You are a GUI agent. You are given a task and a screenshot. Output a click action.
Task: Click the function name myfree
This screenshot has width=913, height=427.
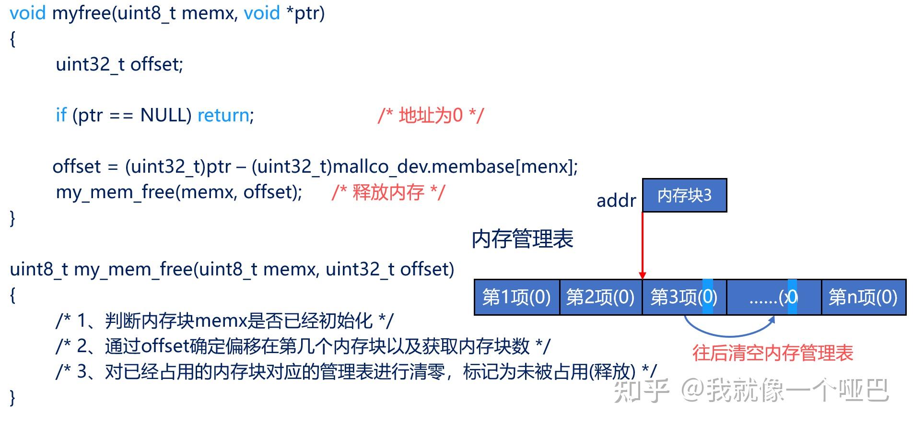pyautogui.click(x=82, y=13)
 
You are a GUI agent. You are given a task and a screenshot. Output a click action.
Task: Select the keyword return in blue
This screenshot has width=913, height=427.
pyautogui.click(x=223, y=115)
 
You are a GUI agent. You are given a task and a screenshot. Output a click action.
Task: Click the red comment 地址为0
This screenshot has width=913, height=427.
pyautogui.click(x=431, y=116)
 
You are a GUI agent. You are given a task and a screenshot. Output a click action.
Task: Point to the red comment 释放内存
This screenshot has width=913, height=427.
pyautogui.click(x=388, y=192)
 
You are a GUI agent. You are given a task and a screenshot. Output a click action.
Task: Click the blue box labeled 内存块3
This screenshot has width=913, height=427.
pyautogui.click(x=684, y=195)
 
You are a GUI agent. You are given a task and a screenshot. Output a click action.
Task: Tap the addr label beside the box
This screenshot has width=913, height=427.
pyautogui.click(x=616, y=201)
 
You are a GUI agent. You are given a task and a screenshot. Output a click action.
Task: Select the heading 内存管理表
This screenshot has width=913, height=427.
pyautogui.click(x=522, y=239)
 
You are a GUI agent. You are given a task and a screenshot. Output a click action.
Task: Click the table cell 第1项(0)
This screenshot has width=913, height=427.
pyautogui.click(x=516, y=297)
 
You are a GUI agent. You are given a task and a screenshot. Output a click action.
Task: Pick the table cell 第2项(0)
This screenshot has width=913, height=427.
pyautogui.click(x=600, y=297)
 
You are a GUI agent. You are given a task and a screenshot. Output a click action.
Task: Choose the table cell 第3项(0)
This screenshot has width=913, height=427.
pyautogui.click(x=684, y=297)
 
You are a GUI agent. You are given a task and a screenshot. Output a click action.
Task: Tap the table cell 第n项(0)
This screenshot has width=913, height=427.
pyautogui.click(x=863, y=297)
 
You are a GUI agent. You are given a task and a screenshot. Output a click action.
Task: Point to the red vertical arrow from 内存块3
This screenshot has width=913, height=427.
pyautogui.click(x=643, y=245)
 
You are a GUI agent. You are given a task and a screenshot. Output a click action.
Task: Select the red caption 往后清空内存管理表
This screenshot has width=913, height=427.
pyautogui.click(x=773, y=353)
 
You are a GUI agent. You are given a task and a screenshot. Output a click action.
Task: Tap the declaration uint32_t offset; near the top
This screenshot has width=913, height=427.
pyautogui.click(x=119, y=64)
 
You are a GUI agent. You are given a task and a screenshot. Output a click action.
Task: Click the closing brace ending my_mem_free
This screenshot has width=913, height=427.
pyautogui.click(x=12, y=398)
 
